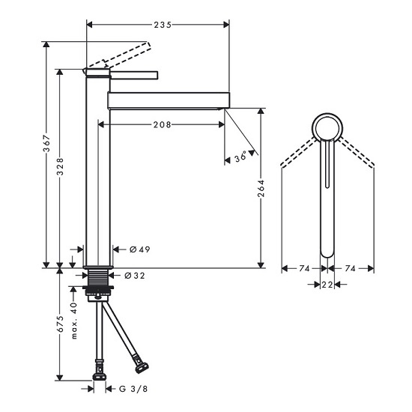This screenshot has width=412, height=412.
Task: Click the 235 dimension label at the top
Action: (x=163, y=25)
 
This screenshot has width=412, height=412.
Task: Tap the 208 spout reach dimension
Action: (x=162, y=124)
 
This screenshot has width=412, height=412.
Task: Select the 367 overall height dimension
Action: (x=46, y=144)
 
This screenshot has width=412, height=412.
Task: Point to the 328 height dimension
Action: (x=60, y=166)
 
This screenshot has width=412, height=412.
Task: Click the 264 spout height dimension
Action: (x=261, y=188)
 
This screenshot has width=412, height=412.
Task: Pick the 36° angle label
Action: (x=240, y=157)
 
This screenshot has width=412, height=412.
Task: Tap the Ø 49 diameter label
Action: (x=140, y=249)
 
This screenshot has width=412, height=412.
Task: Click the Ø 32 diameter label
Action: (x=135, y=276)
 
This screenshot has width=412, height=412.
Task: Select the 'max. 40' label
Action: (x=74, y=321)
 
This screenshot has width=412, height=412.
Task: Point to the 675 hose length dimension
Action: (x=60, y=324)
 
